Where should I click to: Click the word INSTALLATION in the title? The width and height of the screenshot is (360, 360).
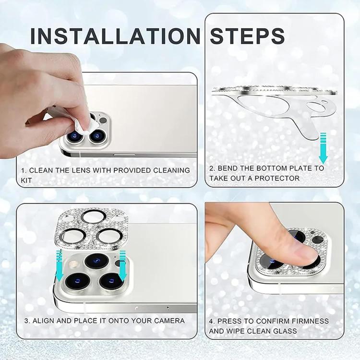click(116, 36)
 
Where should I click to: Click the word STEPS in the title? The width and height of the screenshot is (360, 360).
click(247, 36)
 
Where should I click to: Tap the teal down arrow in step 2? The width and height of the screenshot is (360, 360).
click(323, 148)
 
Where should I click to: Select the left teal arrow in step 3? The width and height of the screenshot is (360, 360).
click(60, 265)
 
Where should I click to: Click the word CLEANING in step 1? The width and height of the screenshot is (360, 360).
click(172, 170)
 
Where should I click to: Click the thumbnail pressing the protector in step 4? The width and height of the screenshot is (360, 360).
click(305, 255)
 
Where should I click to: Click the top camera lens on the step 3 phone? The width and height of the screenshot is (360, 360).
click(96, 261)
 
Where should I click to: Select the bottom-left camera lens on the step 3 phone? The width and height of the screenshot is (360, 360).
click(78, 281)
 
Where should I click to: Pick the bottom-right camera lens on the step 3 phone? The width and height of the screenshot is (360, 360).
click(111, 281)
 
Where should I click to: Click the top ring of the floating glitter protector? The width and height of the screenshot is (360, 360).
click(94, 217)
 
